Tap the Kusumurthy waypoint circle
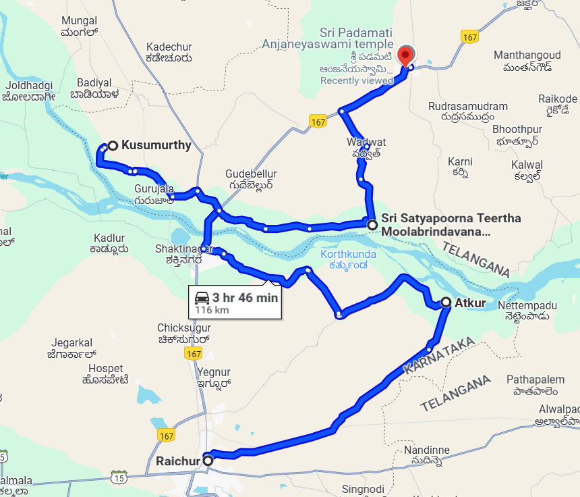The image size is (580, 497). [x=113, y=145]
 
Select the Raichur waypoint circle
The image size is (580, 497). [x=208, y=461]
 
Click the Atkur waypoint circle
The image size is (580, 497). [x=446, y=303]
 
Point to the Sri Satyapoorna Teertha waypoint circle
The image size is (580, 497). [x=372, y=224]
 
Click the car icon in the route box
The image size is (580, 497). [x=202, y=298]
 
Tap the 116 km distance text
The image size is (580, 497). [x=212, y=310]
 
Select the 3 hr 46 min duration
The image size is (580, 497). [x=245, y=298]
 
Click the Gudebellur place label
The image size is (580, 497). [x=251, y=174]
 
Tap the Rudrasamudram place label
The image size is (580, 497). [x=468, y=107]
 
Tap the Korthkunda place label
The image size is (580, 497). [x=348, y=255]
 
